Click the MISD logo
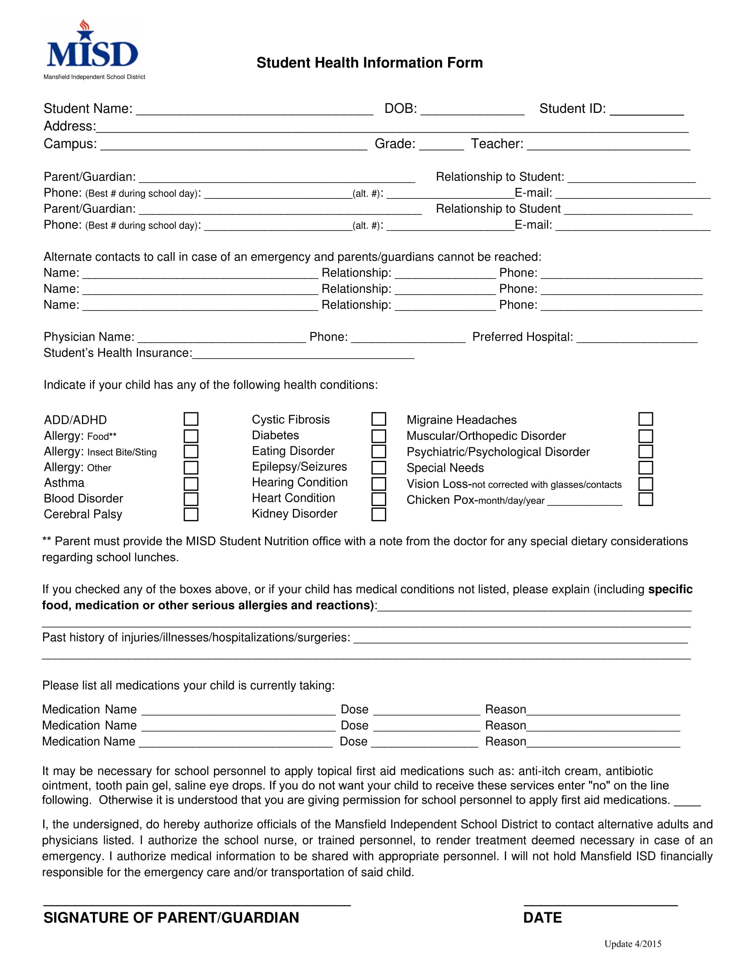point(92,48)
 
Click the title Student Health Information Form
point(369,63)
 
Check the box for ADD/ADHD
point(190,419)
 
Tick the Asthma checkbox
point(190,483)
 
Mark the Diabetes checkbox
point(378,435)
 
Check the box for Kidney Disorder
point(378,514)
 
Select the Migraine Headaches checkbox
point(645,419)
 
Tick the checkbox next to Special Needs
point(645,467)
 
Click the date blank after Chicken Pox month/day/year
point(584,501)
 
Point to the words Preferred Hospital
point(522,337)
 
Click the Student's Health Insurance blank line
point(303,355)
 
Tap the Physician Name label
point(88,337)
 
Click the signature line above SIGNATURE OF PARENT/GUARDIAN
point(197,904)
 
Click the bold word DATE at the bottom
point(542,918)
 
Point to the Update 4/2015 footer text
point(632,944)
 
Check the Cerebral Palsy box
point(190,514)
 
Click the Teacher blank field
point(608,146)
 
